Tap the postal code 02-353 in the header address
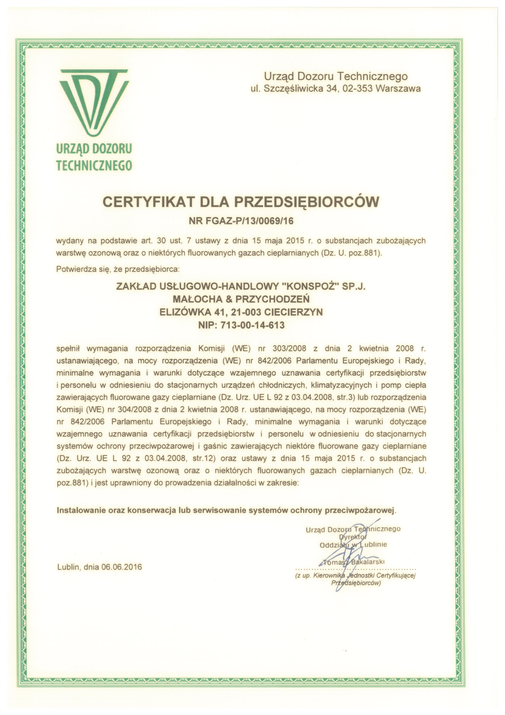tap(358, 89)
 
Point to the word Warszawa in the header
tap(398, 89)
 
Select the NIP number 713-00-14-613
tap(252, 325)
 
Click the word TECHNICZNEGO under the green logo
tap(94, 165)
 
